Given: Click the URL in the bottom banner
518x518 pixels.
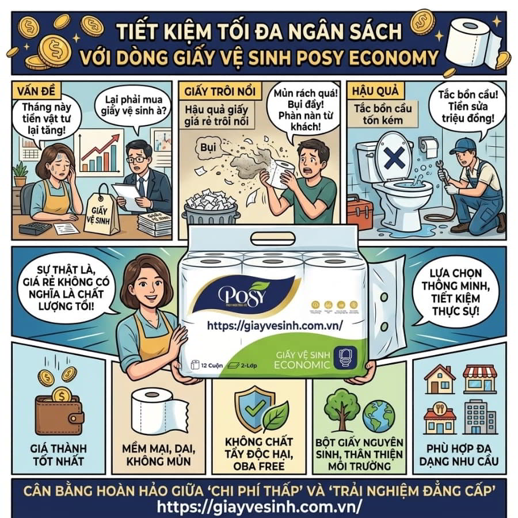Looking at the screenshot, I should pyautogui.click(x=259, y=505).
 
